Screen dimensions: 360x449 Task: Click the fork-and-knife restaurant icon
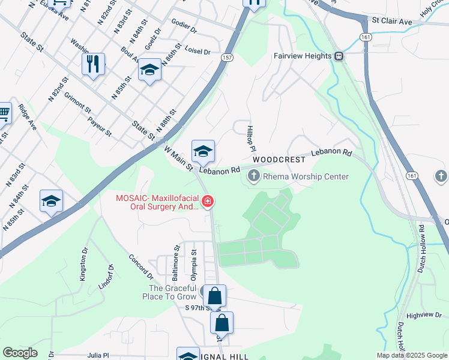point(93,64)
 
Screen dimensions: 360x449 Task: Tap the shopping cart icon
point(3,112)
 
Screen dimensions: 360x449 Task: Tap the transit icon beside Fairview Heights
point(339,56)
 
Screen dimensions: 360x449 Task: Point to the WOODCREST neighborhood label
point(279,160)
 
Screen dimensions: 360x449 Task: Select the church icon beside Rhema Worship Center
point(253,176)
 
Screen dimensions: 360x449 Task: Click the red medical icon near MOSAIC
point(207,202)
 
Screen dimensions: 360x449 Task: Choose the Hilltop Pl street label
point(252,138)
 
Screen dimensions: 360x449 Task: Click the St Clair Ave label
point(392,22)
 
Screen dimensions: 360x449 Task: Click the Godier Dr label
point(184,28)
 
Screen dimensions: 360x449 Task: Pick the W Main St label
point(178,159)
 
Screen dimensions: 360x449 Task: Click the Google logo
point(20,353)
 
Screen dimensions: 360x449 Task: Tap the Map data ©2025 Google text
point(411,355)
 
